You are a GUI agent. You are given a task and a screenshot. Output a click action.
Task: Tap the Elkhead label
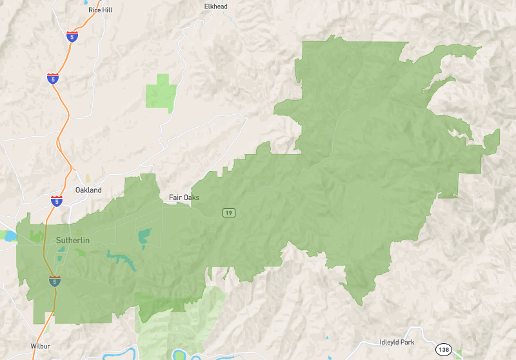(x=216, y=6)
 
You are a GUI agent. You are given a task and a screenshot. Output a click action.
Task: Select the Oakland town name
(x=88, y=190)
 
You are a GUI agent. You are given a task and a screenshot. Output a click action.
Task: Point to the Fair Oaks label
(x=184, y=197)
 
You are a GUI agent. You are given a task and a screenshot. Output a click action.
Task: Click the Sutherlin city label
(x=72, y=240)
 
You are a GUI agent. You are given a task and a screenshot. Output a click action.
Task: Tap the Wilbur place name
(x=40, y=346)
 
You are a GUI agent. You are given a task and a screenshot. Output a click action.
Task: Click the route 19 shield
(x=228, y=213)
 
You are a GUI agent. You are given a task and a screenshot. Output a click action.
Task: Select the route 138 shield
(x=443, y=349)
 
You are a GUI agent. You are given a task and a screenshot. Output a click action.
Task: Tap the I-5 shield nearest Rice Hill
(x=72, y=37)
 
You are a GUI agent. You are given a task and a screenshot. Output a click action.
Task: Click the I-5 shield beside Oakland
(x=57, y=201)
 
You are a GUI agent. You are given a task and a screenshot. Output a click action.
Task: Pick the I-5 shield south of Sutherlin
(x=55, y=281)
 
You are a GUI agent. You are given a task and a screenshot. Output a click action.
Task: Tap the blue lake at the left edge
(x=10, y=237)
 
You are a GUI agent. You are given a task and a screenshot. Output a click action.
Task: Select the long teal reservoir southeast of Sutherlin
(x=123, y=259)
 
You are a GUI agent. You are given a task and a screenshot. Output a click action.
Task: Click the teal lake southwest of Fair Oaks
(x=144, y=237)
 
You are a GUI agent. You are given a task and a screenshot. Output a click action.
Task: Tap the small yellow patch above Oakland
(x=88, y=178)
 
